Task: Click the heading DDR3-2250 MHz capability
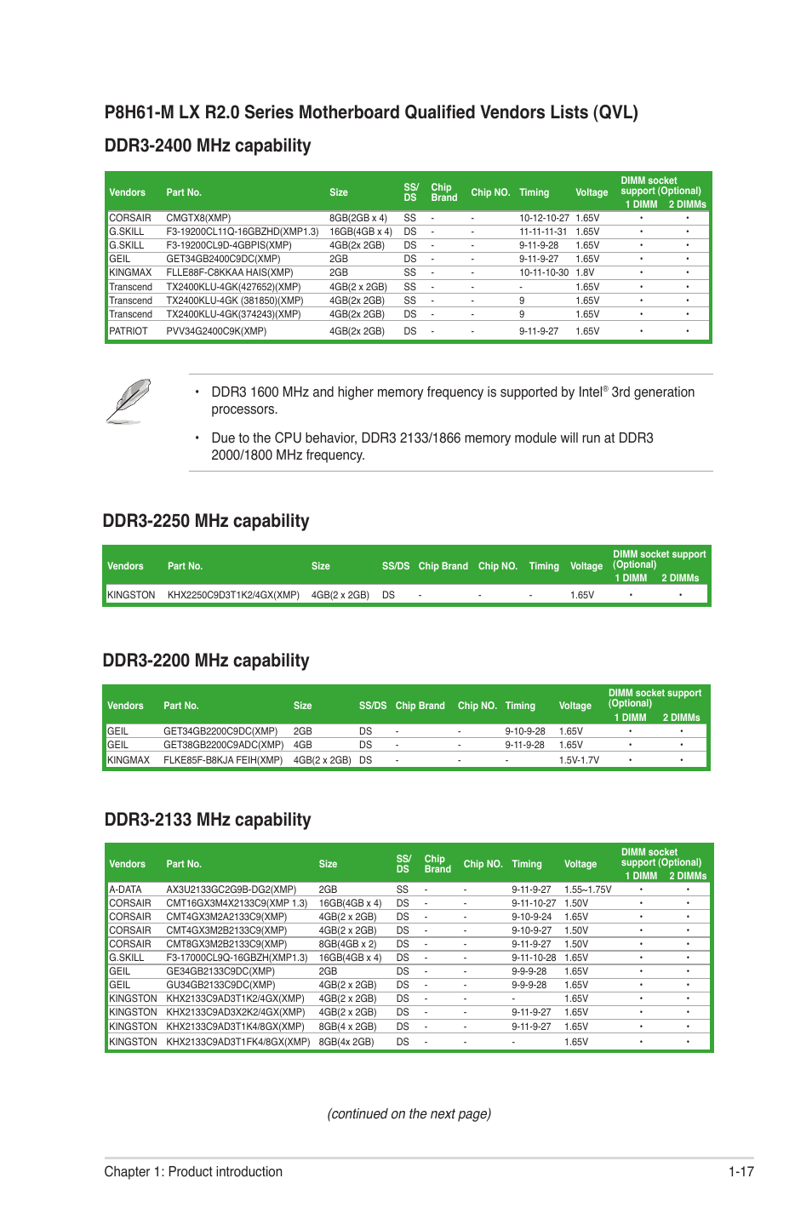tap(205, 521)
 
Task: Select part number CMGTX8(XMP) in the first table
tap(198, 218)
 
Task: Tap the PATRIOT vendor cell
tap(129, 331)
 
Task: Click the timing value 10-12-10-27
tap(544, 218)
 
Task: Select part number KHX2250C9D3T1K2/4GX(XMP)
tap(233, 595)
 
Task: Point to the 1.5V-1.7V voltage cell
tap(579, 760)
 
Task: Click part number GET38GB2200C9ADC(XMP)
tap(224, 745)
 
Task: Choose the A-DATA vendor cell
tap(125, 889)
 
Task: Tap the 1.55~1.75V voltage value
tap(587, 889)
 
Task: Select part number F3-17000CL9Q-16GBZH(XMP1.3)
tap(237, 958)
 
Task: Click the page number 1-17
tap(741, 1171)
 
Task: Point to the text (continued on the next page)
tap(409, 1113)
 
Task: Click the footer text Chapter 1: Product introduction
tap(193, 1171)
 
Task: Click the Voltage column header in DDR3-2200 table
tap(575, 706)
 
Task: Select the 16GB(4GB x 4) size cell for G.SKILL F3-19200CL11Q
tap(360, 232)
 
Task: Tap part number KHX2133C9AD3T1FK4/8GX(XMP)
tap(237, 1042)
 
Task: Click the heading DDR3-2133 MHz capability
tap(208, 820)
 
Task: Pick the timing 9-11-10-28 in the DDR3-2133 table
tap(534, 958)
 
